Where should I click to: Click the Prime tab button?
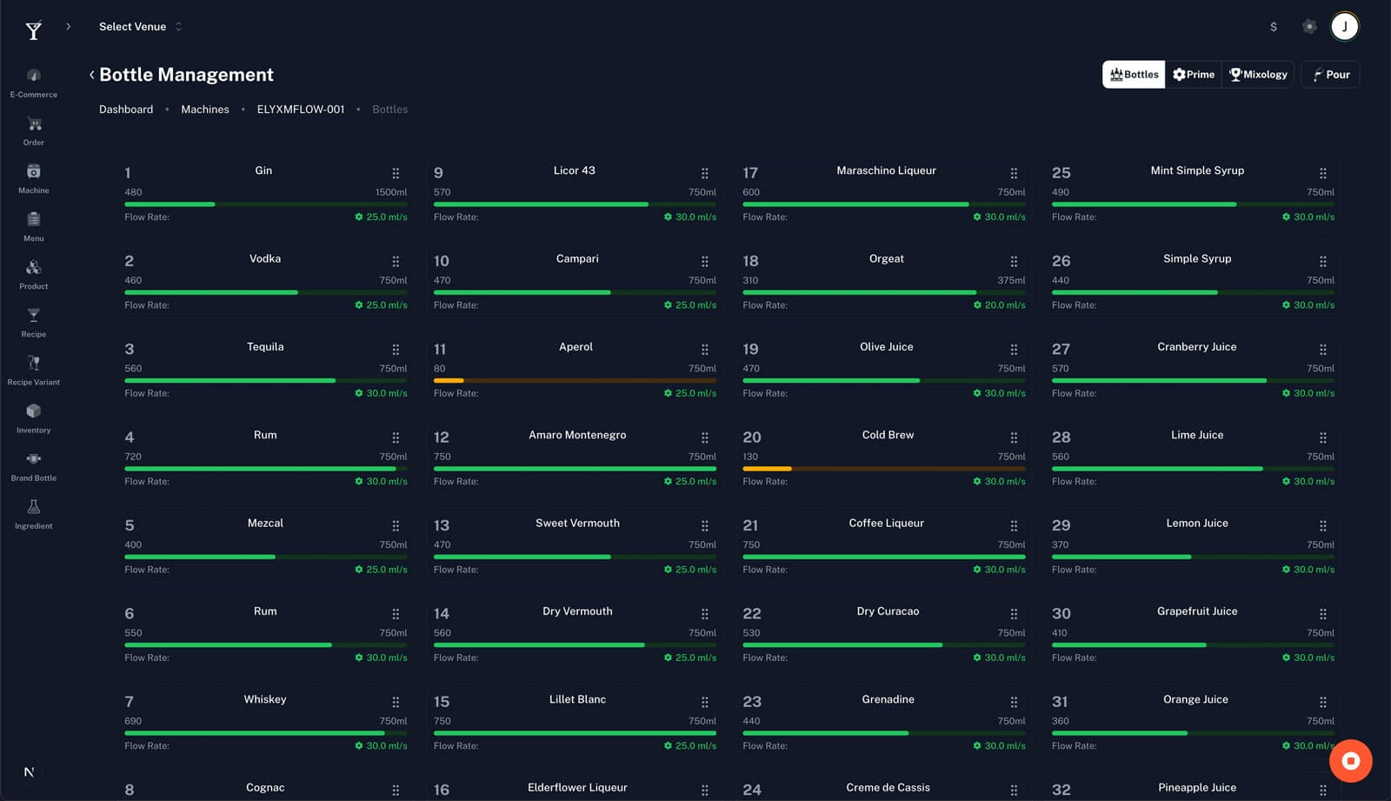[x=1193, y=75]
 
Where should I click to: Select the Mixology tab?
[x=1258, y=75]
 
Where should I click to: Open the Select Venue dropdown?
[x=140, y=27]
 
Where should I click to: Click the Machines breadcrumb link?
[x=205, y=110]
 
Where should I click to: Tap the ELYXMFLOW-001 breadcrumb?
[x=301, y=110]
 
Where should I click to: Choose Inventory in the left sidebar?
[x=33, y=417]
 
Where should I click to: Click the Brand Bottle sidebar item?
[x=33, y=466]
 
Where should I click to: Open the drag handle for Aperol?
[x=705, y=350]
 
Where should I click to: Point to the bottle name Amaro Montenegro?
[x=577, y=435]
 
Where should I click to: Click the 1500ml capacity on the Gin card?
[x=391, y=192]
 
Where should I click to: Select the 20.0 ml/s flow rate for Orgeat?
[x=1000, y=305]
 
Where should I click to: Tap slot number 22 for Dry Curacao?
[x=752, y=613]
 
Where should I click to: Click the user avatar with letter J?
[x=1344, y=26]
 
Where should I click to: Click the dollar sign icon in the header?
[x=1274, y=27]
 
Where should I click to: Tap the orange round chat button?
[x=1350, y=761]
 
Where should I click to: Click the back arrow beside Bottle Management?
[x=91, y=75]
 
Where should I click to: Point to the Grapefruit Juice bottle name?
[x=1197, y=611]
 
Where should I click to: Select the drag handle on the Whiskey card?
[x=396, y=702]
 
